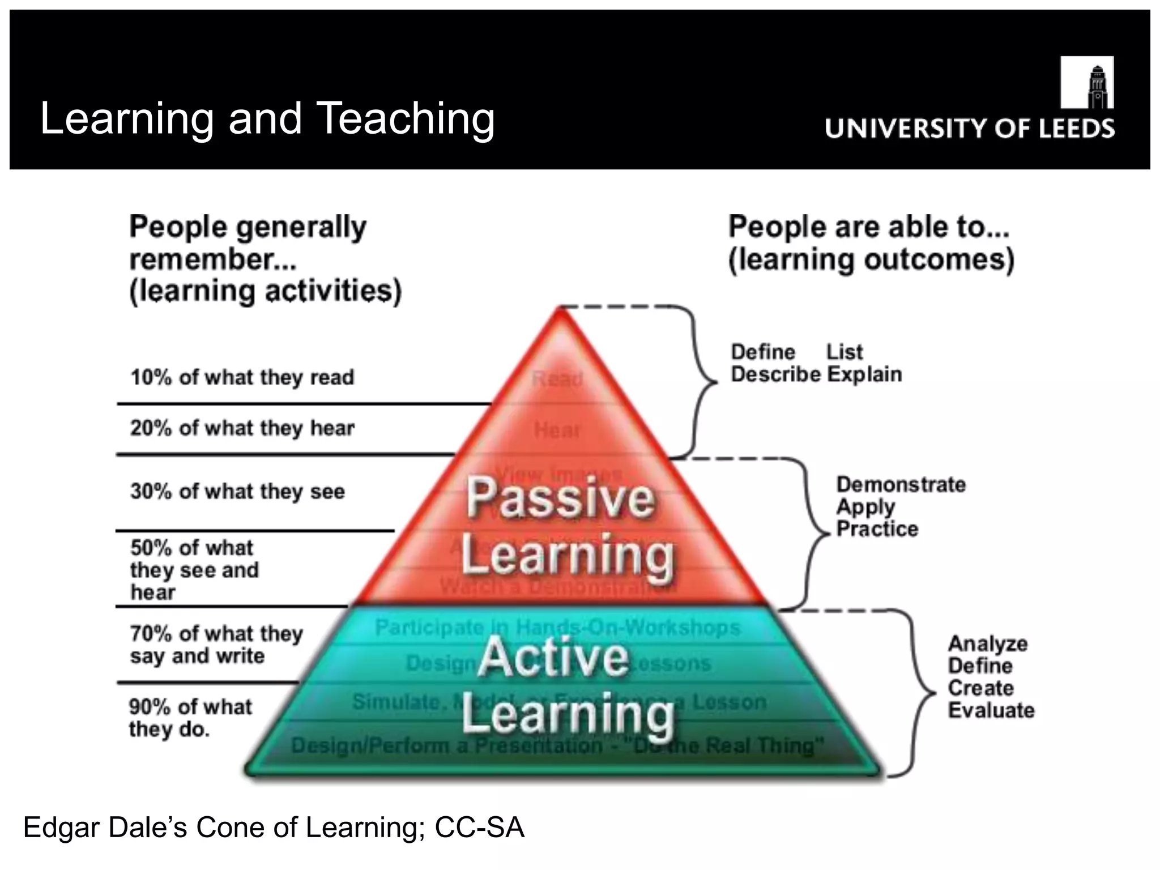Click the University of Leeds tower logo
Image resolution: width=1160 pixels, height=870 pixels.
click(x=1086, y=83)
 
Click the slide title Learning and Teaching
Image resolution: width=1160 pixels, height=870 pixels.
click(x=267, y=118)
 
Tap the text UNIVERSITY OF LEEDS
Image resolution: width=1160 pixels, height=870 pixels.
click(x=969, y=129)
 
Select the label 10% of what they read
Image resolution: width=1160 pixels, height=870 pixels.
click(x=242, y=377)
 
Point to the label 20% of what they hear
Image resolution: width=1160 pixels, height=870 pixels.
click(x=242, y=428)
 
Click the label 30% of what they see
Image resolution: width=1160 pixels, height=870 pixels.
click(x=237, y=491)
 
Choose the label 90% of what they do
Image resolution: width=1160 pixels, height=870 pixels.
click(x=190, y=718)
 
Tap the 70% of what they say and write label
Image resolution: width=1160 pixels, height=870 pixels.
click(x=216, y=644)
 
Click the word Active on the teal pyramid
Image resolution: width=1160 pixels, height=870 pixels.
click(x=553, y=657)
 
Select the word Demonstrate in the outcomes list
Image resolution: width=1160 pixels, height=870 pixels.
click(x=901, y=485)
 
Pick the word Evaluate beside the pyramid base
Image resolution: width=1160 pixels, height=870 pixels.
click(x=991, y=710)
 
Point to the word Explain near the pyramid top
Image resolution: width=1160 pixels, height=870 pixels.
click(x=864, y=374)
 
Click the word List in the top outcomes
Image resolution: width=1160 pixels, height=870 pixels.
click(x=845, y=352)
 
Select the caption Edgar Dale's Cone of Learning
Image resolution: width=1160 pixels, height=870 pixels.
click(x=274, y=828)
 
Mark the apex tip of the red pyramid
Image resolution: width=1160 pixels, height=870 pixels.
click(x=560, y=310)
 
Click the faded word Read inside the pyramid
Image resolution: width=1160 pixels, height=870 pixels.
click(x=557, y=378)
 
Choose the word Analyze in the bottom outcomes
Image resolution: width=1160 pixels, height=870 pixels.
click(x=987, y=644)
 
